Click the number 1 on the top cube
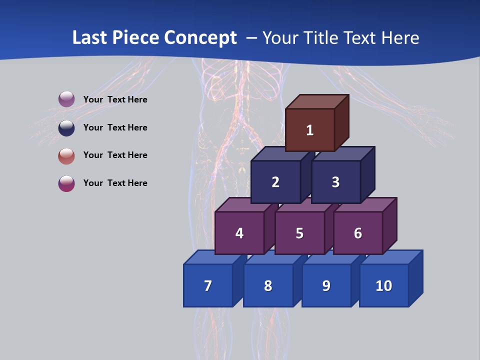[310, 130]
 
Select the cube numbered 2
[275, 182]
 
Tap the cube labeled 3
[335, 182]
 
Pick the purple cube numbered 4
[239, 233]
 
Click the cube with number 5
[299, 233]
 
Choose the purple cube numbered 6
[358, 233]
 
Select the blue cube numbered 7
[208, 286]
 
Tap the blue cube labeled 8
[268, 286]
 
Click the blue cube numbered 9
[326, 286]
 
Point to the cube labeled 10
[384, 286]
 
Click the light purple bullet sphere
[66, 99]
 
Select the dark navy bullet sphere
[66, 127]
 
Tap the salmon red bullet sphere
[66, 155]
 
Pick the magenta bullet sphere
[66, 183]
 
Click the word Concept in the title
[200, 38]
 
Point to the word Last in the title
[91, 38]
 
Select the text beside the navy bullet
[115, 127]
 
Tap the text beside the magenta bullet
[115, 183]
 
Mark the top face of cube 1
[316, 101]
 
